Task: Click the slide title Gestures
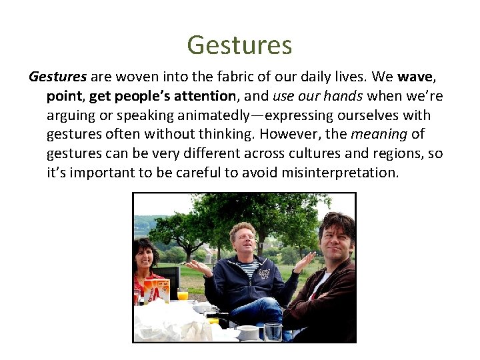pos(239,45)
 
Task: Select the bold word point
pos(65,96)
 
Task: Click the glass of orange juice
pos(182,294)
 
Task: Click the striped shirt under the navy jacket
pos(250,269)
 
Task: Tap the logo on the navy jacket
pos(265,275)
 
